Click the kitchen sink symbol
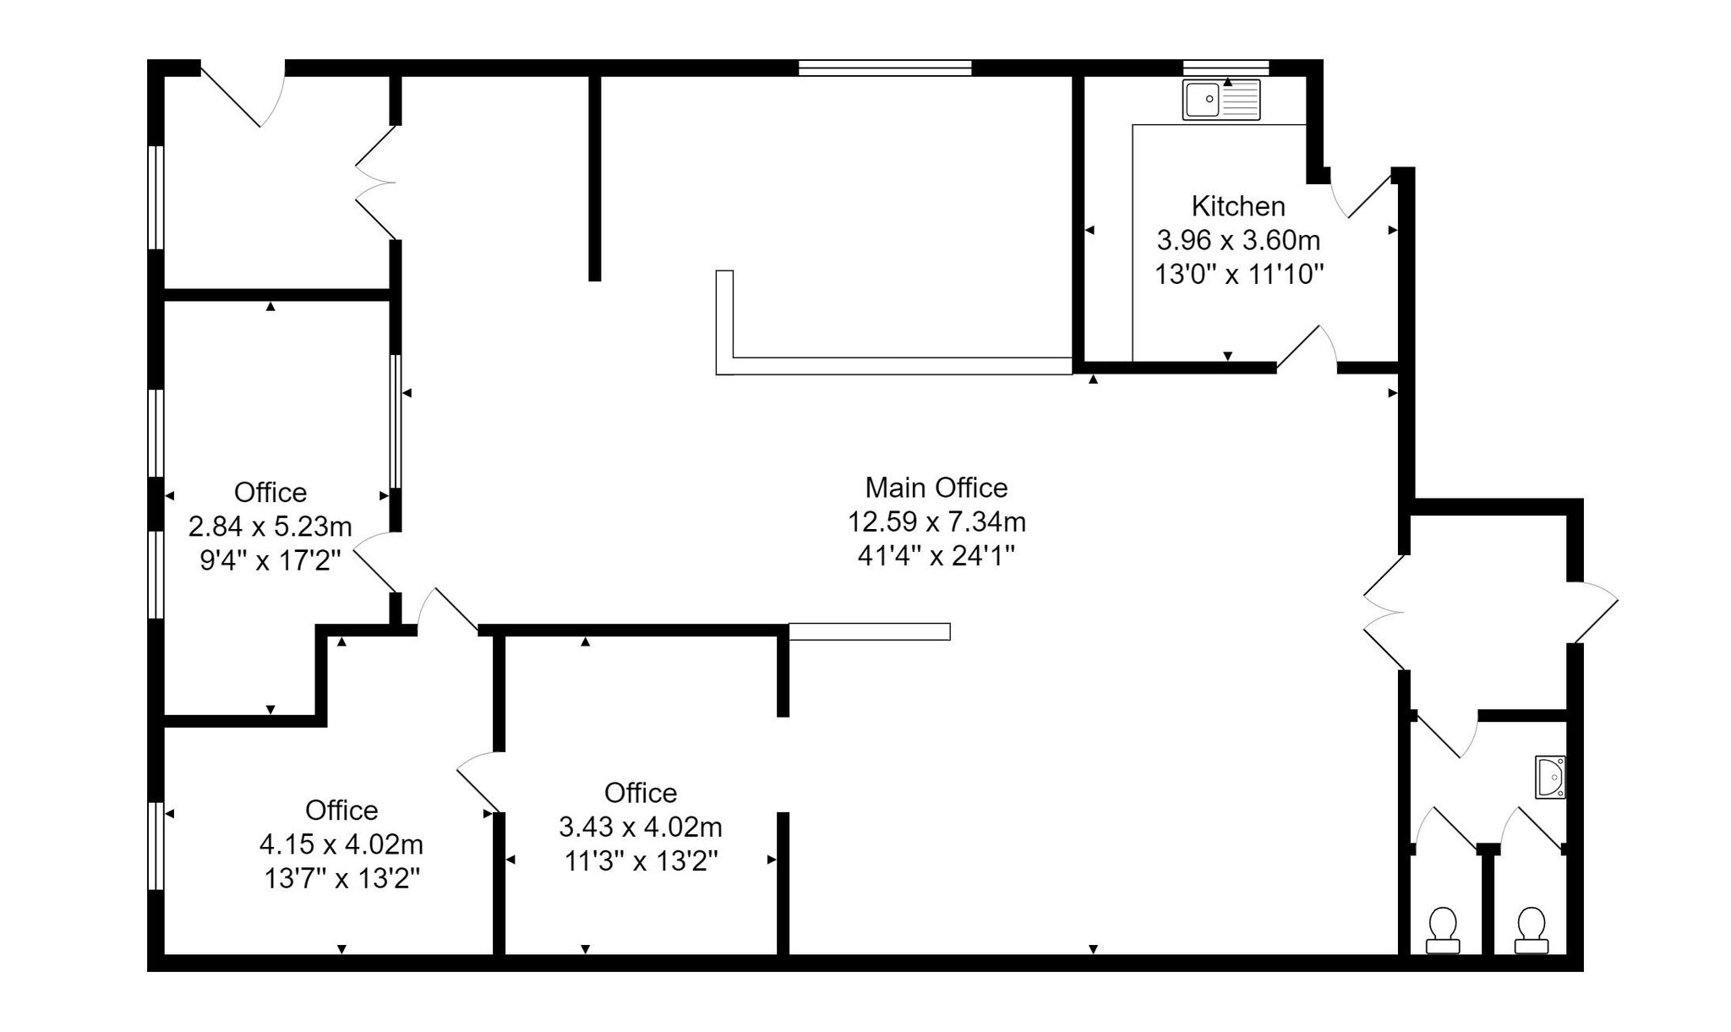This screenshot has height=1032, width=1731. (x=1220, y=100)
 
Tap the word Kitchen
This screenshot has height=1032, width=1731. (x=1237, y=206)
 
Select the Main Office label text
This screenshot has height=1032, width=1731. (x=936, y=488)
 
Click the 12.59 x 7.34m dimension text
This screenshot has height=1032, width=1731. (x=936, y=521)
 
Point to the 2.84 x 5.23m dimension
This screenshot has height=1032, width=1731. (x=270, y=527)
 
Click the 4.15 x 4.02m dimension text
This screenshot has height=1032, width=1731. (x=341, y=844)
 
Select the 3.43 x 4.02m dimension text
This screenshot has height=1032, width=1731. (x=640, y=827)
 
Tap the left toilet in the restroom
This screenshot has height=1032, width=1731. (x=1442, y=930)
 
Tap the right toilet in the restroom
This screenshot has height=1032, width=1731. (x=1531, y=930)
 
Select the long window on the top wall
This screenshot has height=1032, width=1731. (x=884, y=68)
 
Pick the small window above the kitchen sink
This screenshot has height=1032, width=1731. (x=1225, y=68)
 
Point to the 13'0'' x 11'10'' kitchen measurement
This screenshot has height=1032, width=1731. (x=1237, y=275)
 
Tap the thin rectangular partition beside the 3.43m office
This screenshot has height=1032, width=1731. (x=869, y=631)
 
